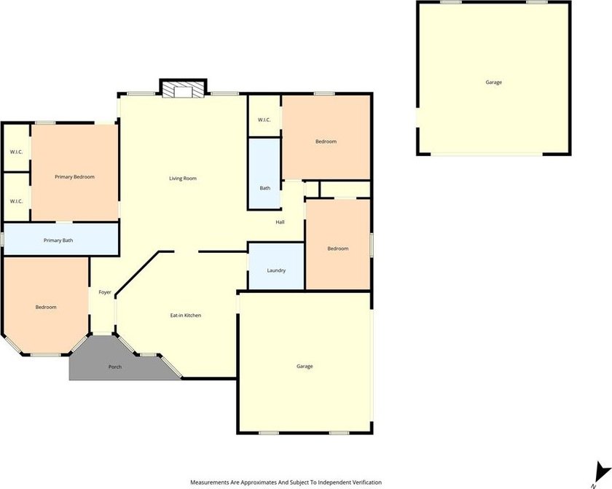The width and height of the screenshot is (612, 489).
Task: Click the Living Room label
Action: coord(183,179)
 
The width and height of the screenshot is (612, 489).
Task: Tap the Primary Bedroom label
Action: coord(74,177)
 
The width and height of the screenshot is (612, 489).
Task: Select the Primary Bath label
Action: coord(58,240)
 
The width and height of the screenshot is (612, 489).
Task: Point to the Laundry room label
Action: coord(276,270)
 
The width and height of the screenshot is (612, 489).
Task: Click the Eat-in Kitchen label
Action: coord(186,316)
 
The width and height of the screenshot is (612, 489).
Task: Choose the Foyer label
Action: coord(105,292)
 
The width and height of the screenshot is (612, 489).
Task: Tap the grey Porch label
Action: coord(115,367)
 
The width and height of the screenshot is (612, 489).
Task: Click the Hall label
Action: coord(280,222)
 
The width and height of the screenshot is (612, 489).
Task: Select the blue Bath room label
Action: coord(265,188)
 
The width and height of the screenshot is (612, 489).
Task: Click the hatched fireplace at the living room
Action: coord(183,90)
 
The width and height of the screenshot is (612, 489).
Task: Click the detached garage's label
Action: coord(494,82)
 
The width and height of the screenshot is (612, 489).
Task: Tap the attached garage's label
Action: coord(305,366)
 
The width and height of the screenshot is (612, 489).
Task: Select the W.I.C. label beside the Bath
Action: coord(264,120)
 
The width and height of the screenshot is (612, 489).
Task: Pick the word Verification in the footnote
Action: coord(367,482)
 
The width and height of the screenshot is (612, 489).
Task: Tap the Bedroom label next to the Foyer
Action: coord(46,307)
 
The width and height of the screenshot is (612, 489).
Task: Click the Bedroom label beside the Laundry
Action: coord(338,249)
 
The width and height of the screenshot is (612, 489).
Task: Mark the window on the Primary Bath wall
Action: coord(2,239)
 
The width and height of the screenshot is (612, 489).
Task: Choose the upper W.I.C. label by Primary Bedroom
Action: coord(16,152)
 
